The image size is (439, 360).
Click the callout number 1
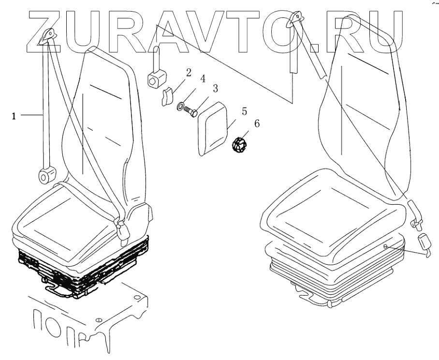[14, 116]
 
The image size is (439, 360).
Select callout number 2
[188, 73]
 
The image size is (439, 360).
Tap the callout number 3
[215, 88]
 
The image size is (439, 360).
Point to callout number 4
[203, 78]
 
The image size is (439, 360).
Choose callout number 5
[244, 112]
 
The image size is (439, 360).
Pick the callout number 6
[256, 124]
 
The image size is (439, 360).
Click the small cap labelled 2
[166, 96]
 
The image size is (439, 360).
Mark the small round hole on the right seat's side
[385, 247]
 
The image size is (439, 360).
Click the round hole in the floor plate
[99, 320]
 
